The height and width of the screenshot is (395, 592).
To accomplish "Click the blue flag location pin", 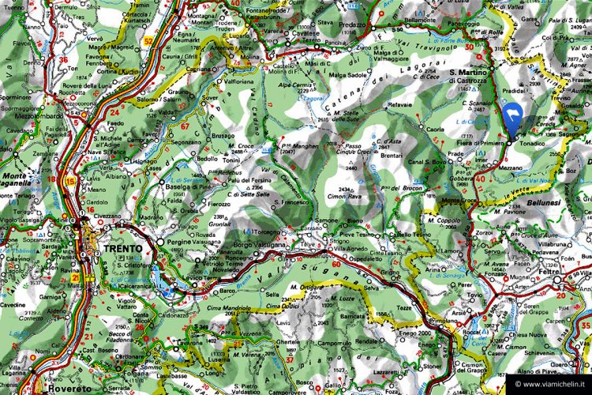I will click(x=511, y=122).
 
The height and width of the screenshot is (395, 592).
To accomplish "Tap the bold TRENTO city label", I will click(x=122, y=248).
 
